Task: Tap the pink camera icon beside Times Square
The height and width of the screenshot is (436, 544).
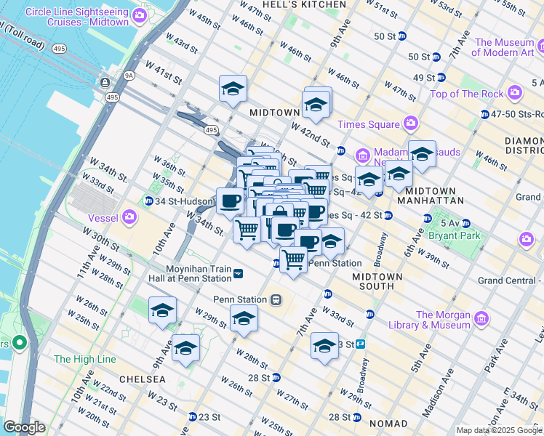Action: [411, 123]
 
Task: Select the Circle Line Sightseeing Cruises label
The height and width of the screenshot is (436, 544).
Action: [88, 18]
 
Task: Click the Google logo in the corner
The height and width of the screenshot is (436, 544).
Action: [25, 427]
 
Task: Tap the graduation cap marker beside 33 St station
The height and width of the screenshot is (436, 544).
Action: [324, 347]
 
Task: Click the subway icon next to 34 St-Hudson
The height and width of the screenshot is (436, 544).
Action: [148, 201]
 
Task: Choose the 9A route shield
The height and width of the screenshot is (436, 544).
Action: [129, 74]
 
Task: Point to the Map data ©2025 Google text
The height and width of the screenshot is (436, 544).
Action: [499, 430]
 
